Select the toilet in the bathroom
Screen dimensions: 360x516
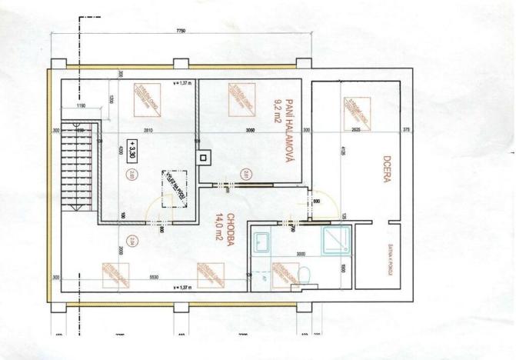(x=304, y=275)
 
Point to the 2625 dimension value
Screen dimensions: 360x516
(x=355, y=131)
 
